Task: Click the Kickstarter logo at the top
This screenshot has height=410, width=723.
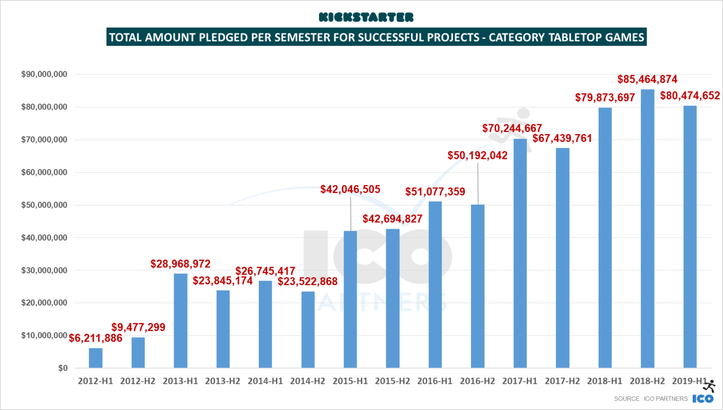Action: click(366, 17)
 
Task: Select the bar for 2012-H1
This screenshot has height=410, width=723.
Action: click(95, 358)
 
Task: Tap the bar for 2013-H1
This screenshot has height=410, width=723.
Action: click(180, 321)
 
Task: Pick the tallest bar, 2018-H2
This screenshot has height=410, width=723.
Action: click(647, 229)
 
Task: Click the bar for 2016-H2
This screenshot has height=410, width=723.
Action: click(477, 286)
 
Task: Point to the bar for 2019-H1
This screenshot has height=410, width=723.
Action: click(690, 237)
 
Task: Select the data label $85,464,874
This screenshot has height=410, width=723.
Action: click(647, 79)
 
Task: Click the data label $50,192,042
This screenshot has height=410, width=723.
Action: click(477, 156)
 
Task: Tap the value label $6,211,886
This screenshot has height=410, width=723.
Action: click(95, 338)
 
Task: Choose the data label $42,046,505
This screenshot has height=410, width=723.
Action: click(350, 189)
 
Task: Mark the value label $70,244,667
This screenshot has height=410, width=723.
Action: click(512, 128)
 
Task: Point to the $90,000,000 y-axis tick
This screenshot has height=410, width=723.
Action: click(44, 74)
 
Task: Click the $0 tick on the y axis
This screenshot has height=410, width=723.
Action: click(63, 368)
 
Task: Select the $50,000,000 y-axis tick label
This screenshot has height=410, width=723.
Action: click(44, 205)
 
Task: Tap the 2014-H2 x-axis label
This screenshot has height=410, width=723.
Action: click(308, 381)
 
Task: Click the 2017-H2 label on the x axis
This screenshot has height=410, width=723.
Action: click(562, 381)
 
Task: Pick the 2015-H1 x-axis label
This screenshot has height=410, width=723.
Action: click(350, 381)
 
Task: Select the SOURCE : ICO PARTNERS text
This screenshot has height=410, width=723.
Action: click(651, 398)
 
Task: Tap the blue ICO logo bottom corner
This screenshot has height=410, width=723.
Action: click(703, 398)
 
